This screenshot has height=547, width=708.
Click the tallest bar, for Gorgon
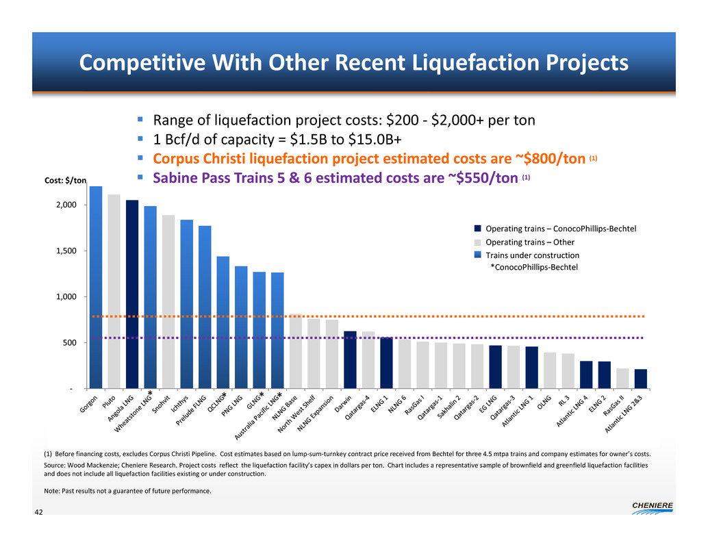pyautogui.click(x=96, y=288)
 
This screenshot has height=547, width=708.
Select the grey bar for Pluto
pyautogui.click(x=114, y=291)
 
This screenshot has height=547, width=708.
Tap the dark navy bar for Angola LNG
pyautogui.click(x=132, y=294)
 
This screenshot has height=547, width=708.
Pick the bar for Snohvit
pyautogui.click(x=168, y=301)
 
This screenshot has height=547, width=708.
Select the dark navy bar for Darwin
pyautogui.click(x=350, y=359)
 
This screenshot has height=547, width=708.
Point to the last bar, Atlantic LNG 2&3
pyautogui.click(x=640, y=379)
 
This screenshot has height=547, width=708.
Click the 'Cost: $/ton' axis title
pyautogui.click(x=65, y=181)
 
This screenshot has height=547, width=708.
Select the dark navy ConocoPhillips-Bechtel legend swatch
pyautogui.click(x=478, y=228)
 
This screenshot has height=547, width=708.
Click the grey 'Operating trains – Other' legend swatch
pyautogui.click(x=478, y=242)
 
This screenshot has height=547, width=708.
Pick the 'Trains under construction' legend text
pyautogui.click(x=532, y=255)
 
